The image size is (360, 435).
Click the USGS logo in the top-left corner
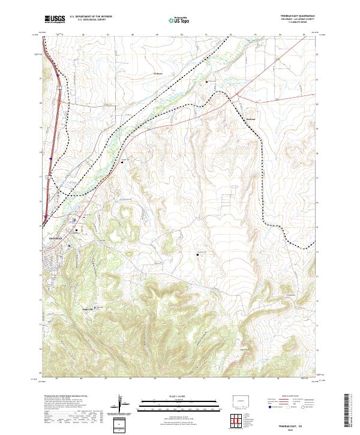(55, 20)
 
